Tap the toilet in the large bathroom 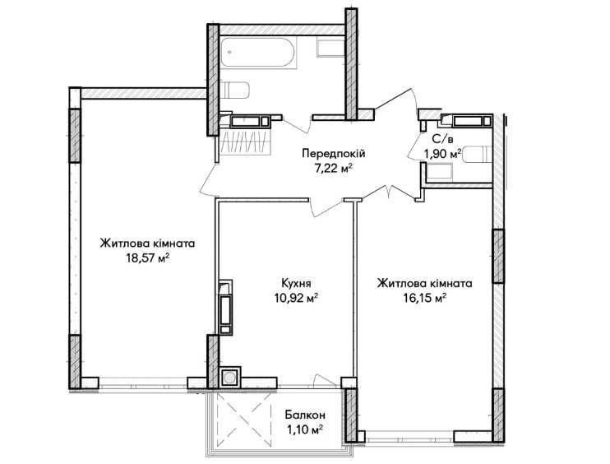point(234,90)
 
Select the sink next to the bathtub point(330,48)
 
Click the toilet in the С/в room point(478,154)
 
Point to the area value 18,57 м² point(148,258)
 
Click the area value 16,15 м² point(424,298)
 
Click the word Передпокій point(334,153)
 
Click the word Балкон point(305,415)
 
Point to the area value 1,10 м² point(305,430)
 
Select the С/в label point(443,138)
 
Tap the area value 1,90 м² point(443,154)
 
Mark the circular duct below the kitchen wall point(229,377)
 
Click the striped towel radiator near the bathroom point(245,142)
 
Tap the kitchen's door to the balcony point(325,381)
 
